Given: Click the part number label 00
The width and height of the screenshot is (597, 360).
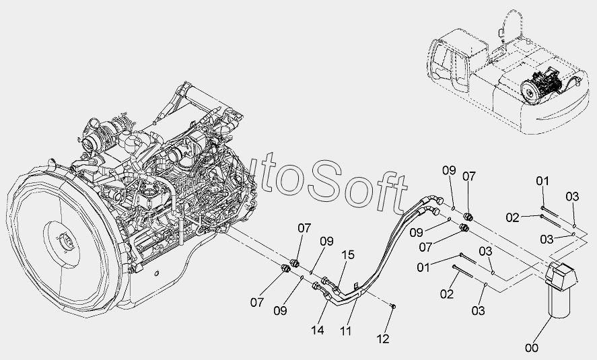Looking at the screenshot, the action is (532, 347).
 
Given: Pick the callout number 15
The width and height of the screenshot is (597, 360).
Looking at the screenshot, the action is (347, 255).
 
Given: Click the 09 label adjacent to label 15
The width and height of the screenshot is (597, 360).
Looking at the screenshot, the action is (326, 241).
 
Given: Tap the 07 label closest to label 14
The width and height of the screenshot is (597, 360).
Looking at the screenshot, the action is (256, 302).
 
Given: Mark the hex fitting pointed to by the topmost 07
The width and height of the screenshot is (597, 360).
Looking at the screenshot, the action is (469, 217).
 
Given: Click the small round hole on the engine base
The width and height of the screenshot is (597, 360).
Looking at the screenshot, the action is (156, 273).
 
